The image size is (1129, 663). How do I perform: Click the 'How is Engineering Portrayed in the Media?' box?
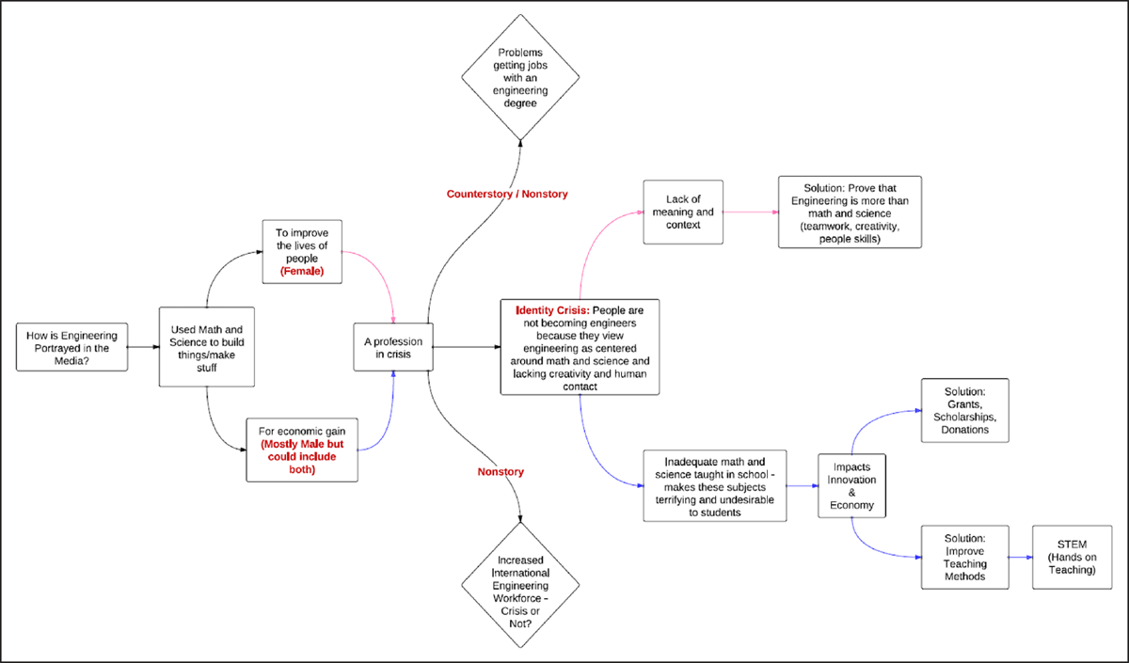pos(72,347)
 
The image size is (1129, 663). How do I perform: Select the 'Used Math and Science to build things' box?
pos(207,347)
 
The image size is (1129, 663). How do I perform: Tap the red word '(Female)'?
pos(302,271)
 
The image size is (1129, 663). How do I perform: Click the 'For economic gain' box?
pos(302,450)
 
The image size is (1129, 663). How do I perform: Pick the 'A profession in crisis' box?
pos(393,347)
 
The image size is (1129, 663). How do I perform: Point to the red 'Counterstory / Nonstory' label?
pos(507,194)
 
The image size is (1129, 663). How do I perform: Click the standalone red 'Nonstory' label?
pos(501,471)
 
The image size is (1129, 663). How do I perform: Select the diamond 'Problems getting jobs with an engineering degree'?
pos(520,77)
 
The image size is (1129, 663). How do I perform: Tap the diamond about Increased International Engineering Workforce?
pos(520,585)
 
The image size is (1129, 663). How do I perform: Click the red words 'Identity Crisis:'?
pos(552,310)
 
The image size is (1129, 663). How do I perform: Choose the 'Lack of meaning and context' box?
pos(683,213)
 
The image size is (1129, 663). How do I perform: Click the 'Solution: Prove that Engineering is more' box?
pos(850,213)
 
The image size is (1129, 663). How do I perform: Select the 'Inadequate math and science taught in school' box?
pos(715,485)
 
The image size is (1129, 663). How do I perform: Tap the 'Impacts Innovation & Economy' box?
pos(851,485)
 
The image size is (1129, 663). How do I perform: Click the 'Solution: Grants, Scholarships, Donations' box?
pos(965,411)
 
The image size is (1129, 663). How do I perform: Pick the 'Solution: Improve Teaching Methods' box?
pos(965,557)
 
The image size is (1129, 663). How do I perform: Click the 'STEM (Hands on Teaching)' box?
pos(1072,557)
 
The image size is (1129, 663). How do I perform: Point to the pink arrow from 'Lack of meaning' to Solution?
pos(751,213)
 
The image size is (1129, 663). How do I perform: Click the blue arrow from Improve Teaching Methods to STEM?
pos(1021,557)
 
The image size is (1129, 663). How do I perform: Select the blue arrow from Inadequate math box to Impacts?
pos(803,485)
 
